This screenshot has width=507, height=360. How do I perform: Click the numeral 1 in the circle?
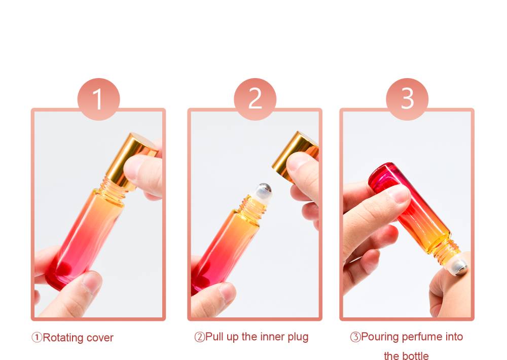point(98,99)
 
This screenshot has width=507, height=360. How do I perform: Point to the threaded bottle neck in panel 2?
point(253,206)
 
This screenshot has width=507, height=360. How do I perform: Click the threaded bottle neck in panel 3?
point(448,251)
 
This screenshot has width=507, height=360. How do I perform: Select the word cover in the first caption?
point(100,338)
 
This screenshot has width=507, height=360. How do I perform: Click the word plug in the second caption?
point(298,337)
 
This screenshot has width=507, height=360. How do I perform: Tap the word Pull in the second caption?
point(214,336)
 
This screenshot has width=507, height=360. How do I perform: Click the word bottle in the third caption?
point(416,356)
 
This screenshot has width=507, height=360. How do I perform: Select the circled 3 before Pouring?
point(355,337)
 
